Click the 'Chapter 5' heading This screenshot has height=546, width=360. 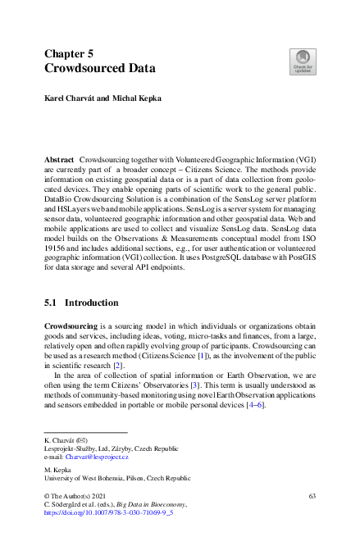pos(74,53)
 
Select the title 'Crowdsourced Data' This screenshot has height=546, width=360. pos(99,69)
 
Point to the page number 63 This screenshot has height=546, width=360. pos(312,496)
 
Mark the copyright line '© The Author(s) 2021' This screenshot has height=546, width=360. pos(76,496)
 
